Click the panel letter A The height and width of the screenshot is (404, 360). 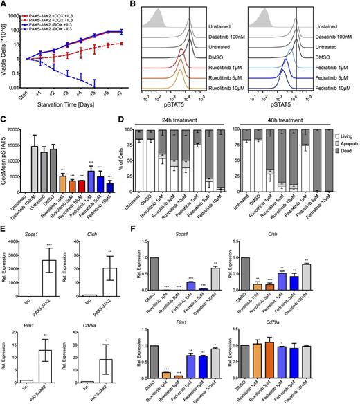[x=5, y=5]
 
